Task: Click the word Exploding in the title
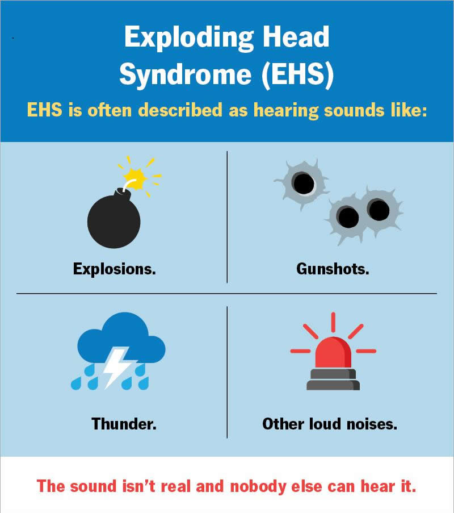[189, 38]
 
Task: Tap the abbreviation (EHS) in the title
[297, 75]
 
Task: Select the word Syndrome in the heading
[186, 75]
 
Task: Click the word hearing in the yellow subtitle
[285, 110]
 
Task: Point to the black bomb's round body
[113, 221]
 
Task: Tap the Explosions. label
[115, 269]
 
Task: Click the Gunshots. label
[333, 269]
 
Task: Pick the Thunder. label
[124, 424]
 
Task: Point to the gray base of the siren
[333, 379]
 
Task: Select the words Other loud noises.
[330, 424]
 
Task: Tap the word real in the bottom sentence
[176, 486]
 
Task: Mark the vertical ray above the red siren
[333, 323]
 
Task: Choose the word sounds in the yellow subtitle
[354, 110]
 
